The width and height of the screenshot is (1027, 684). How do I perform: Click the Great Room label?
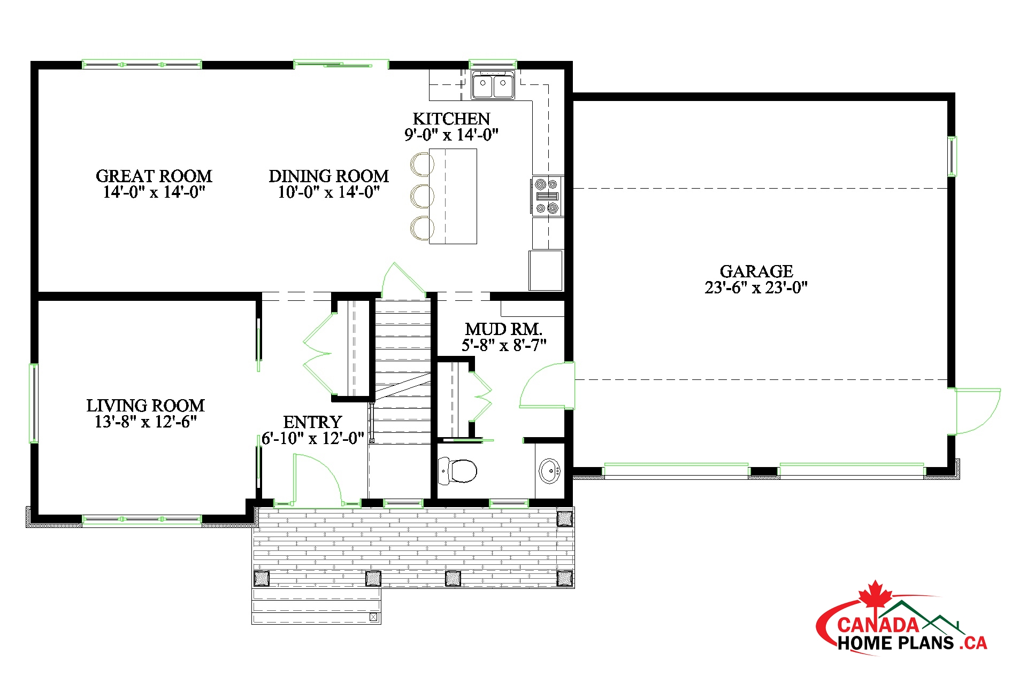coord(154,176)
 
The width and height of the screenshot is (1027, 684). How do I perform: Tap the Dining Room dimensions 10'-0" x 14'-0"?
coord(329,192)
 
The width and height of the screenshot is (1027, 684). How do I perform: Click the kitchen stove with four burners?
coord(547,196)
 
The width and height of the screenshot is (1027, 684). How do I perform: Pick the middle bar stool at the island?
coord(422,196)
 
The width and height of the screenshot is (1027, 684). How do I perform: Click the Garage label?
coord(756,271)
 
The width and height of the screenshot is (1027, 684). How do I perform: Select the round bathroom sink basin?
coord(549,471)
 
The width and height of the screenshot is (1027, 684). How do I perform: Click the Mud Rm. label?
coord(503,329)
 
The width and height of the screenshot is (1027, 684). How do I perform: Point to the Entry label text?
coord(312,422)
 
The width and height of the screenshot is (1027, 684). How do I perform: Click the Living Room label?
coord(145,405)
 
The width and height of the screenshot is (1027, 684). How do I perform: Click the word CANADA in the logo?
coord(878,625)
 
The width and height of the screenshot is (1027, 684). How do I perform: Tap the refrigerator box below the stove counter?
coord(546,270)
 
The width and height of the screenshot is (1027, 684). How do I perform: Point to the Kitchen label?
coord(451,119)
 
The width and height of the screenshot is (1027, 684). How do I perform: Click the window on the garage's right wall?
coord(952,156)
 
